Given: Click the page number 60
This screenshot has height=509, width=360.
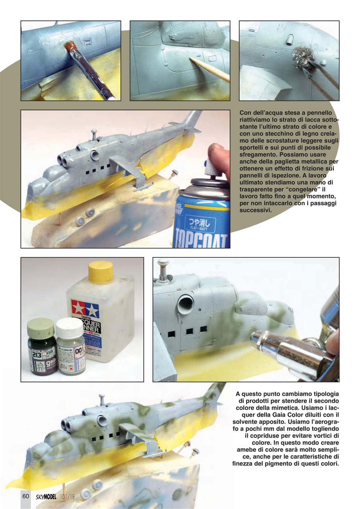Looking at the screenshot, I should tap(25, 496).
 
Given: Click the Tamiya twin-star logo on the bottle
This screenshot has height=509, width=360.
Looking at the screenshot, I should tap(85, 308).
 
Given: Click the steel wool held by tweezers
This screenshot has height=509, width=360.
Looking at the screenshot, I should tap(301, 58).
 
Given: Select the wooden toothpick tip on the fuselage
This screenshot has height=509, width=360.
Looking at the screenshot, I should tap(192, 60).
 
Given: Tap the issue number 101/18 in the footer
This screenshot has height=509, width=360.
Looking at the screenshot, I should tap(68, 496).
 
